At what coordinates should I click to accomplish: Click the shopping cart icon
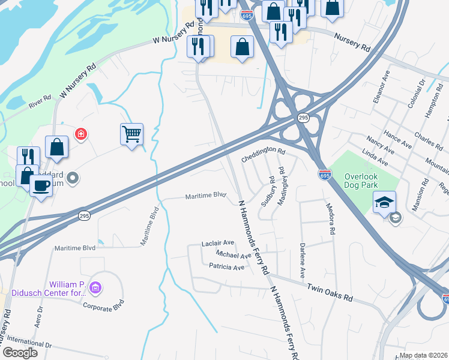[131, 134]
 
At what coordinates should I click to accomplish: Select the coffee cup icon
[41, 185]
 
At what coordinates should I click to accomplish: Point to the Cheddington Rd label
[263, 155]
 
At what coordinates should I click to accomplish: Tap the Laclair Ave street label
[218, 243]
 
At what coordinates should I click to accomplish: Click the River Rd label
[40, 101]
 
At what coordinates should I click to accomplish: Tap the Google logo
[20, 353]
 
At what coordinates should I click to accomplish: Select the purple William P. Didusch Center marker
[95, 289]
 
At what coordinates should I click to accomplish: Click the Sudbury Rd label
[267, 191]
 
